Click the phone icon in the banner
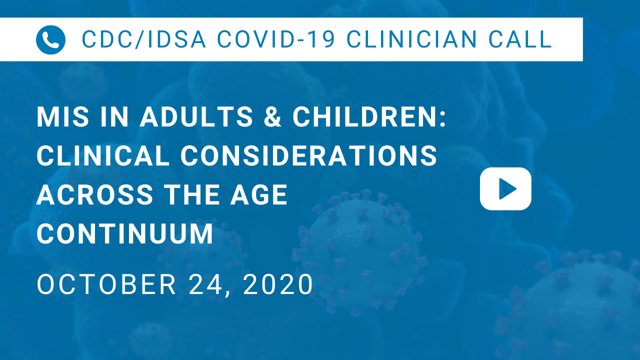point(50,39)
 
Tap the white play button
point(505,189)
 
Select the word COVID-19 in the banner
point(276,39)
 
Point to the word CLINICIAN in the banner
point(411,39)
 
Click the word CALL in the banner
point(520,39)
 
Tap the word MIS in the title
point(63,117)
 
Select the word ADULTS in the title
point(196,117)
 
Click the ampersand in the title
point(272,117)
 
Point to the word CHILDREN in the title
point(369,117)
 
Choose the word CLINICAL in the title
point(103,155)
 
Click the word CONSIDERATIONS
point(309,155)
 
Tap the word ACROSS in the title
point(95,195)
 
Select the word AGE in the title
point(259,195)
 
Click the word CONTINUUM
point(125,233)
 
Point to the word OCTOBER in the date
point(106,284)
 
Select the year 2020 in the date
point(278,284)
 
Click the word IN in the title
point(114,117)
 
